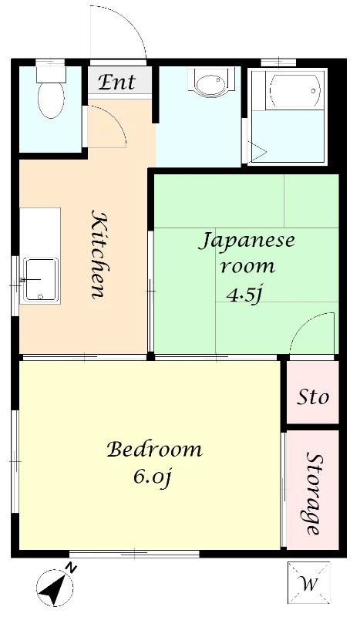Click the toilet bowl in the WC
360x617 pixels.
click(51, 100)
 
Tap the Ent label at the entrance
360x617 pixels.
click(116, 83)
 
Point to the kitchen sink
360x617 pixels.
click(41, 280)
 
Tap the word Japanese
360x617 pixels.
click(246, 241)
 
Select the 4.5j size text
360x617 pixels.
click(244, 295)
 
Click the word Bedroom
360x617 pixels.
click(154, 450)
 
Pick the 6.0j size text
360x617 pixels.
click(153, 477)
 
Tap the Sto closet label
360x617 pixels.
click(313, 397)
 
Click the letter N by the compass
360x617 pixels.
click(71, 568)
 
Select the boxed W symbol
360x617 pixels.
click(309, 583)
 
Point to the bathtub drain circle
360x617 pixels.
click(313, 91)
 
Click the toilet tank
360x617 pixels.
click(51, 73)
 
